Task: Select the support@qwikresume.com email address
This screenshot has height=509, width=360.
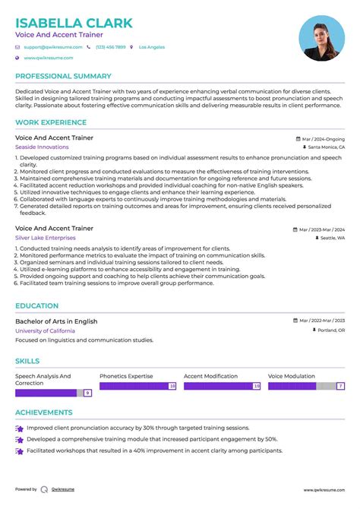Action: point(52,47)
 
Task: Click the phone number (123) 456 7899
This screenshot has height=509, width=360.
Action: point(110,47)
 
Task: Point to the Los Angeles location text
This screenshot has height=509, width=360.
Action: point(152,47)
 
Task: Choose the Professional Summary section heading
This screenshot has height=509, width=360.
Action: point(64,77)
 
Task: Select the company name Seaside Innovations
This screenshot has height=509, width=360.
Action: point(42,147)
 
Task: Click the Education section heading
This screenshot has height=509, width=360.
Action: point(37,306)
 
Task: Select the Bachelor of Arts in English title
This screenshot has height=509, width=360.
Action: point(56,321)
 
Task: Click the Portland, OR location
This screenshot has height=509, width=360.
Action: point(330,330)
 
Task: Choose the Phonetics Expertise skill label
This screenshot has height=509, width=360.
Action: point(126,376)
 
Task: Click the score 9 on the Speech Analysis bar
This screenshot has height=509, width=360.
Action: point(88,393)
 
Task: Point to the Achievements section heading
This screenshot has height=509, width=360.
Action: point(44,413)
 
